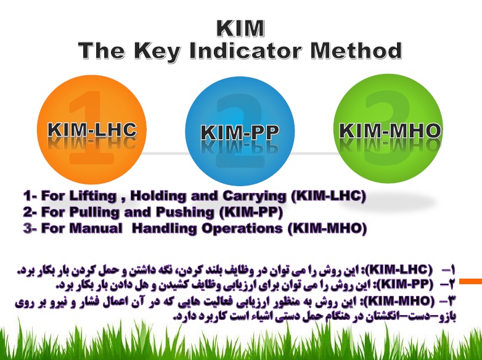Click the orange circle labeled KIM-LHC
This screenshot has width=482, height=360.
[x=92, y=129]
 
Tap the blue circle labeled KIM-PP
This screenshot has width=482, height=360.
[x=240, y=131]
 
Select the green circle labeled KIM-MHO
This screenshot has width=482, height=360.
[x=388, y=129]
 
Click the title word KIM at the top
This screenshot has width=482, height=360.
[x=240, y=28]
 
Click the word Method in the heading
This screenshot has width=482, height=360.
[x=356, y=51]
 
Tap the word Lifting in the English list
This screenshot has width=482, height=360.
[x=93, y=196]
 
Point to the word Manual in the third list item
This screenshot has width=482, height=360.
[x=96, y=228]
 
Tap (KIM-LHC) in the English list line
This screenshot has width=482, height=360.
[x=329, y=196]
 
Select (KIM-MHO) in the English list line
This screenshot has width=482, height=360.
[x=328, y=229]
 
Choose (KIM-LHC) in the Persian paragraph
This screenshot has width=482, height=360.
[x=399, y=269]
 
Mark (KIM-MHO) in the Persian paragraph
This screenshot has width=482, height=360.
[x=401, y=300]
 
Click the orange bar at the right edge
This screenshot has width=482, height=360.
[x=471, y=281]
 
